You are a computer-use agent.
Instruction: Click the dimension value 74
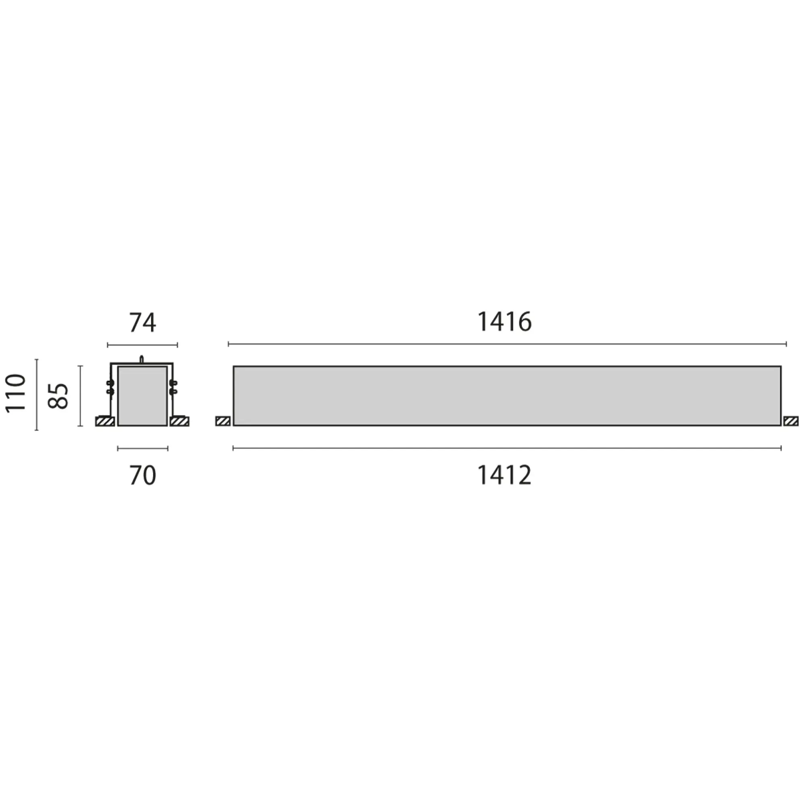(142, 323)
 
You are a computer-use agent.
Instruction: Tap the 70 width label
(142, 476)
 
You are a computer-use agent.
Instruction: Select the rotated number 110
(16, 393)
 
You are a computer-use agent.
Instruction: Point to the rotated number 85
(58, 395)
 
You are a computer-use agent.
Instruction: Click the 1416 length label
(504, 322)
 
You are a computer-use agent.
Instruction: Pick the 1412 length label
(504, 475)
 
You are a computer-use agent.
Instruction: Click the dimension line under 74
(142, 345)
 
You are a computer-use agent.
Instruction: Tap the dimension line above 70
(142, 449)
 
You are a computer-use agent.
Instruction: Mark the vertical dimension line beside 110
(37, 394)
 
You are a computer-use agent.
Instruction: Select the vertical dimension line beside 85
(81, 395)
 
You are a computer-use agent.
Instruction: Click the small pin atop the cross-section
(141, 358)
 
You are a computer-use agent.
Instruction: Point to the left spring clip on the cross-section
(110, 387)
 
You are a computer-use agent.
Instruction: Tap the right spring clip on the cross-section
(173, 387)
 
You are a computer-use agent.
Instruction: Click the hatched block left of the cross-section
(105, 422)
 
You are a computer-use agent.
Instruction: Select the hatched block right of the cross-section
(179, 422)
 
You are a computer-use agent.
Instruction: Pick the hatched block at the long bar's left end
(223, 422)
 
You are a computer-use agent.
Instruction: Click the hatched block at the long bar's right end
(791, 422)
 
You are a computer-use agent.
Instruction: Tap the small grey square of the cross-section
(142, 396)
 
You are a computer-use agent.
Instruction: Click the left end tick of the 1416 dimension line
(229, 344)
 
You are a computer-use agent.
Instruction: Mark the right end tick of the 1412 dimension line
(781, 448)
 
